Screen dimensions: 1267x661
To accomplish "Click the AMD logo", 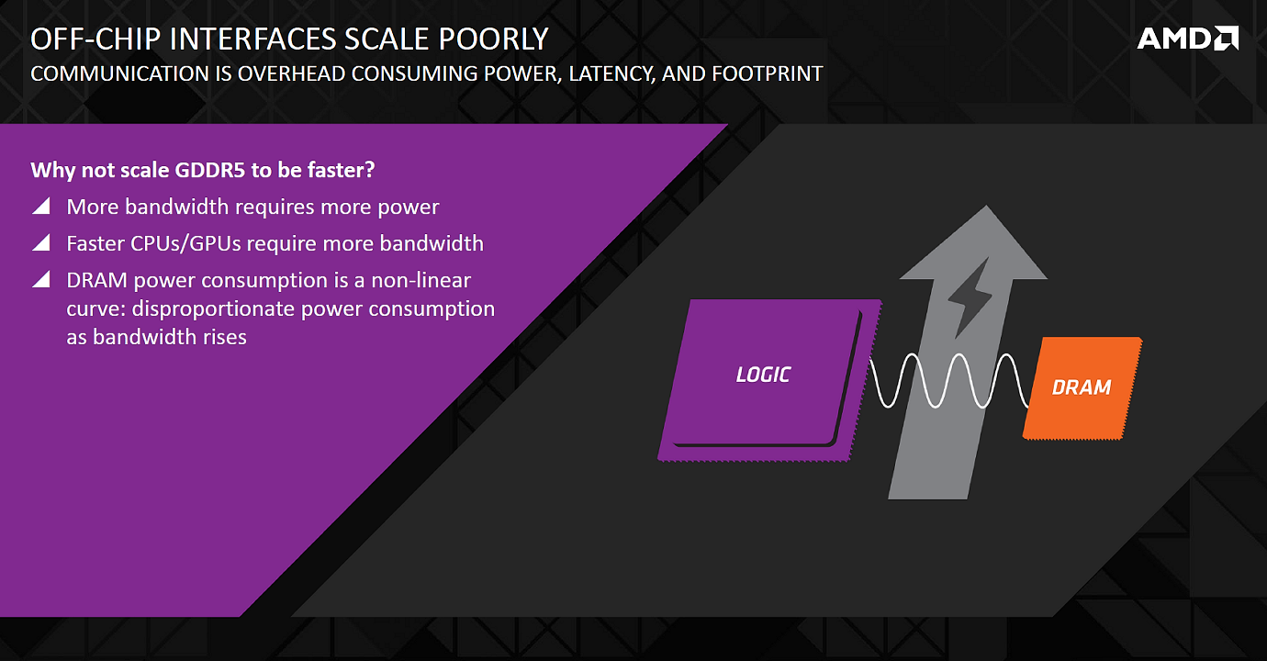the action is tap(1187, 39).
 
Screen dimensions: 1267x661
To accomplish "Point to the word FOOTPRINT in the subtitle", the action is tap(767, 74).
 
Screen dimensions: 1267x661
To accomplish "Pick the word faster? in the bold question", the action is tap(341, 170).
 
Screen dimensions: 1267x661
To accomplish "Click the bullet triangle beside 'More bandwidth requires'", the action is tap(40, 206).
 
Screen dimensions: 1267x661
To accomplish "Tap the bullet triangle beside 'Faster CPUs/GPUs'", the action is tap(40, 242).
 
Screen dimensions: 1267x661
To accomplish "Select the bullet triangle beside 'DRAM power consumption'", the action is tap(40, 279).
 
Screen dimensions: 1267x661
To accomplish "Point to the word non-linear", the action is tap(420, 280).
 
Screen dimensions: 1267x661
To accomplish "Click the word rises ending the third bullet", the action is tap(226, 337).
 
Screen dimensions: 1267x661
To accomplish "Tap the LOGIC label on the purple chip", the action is tap(763, 375).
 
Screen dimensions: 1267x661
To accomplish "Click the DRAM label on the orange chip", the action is tap(1082, 387).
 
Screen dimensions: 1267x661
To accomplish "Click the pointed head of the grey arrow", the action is tap(986, 206).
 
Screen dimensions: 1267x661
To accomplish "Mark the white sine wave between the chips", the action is tap(948, 380).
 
